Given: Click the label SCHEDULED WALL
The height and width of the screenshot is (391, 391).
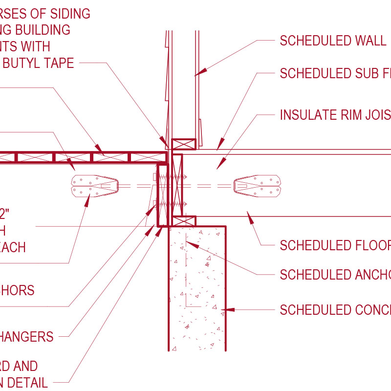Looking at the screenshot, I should [x=332, y=41].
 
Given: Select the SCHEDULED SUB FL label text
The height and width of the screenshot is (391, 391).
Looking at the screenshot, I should [x=335, y=73].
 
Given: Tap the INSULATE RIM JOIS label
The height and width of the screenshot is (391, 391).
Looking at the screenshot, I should [x=335, y=115].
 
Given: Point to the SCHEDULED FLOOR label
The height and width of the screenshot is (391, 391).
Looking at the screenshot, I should [x=335, y=245].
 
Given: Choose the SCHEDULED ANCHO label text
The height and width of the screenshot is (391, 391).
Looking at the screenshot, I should [x=335, y=275].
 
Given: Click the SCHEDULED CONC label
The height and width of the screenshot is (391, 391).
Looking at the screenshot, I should [x=335, y=310].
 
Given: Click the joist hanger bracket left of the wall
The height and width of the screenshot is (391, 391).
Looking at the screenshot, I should [x=94, y=186].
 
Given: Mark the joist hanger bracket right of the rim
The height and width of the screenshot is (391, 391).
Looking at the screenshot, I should [x=258, y=186].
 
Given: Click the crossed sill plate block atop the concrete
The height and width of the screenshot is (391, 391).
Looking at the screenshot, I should [x=185, y=221].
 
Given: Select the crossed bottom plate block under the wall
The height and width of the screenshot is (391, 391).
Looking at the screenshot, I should [x=183, y=144].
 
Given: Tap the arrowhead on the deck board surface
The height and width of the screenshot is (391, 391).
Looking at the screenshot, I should [x=99, y=148].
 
